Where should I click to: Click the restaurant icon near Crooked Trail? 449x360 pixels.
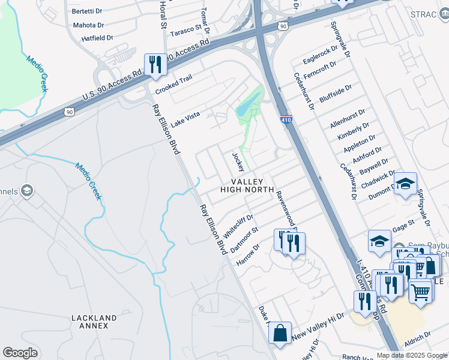[155, 64]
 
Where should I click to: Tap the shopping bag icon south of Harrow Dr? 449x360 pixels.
[280, 333]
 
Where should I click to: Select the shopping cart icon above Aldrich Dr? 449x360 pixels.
[421, 292]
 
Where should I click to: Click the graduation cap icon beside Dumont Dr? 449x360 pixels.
[405, 183]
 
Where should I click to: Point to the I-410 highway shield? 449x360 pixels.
[286, 121]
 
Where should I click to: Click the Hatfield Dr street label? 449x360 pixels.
[97, 38]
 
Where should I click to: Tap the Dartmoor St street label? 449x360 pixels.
[246, 238]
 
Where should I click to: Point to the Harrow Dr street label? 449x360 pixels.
[248, 255]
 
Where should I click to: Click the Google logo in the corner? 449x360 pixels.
[20, 353]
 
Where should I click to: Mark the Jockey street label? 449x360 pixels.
[238, 161]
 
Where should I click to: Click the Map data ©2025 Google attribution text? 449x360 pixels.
[411, 355]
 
